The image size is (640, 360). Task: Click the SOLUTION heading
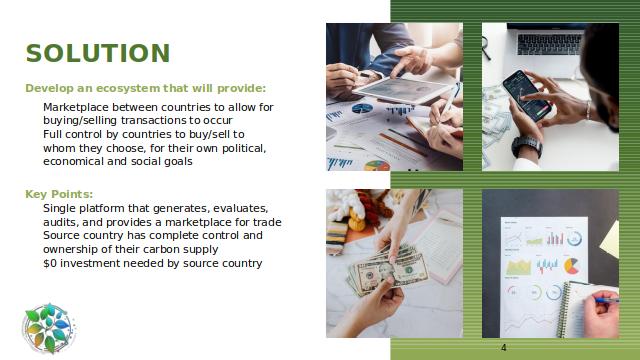(98, 53)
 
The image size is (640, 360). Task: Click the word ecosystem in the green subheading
(128, 88)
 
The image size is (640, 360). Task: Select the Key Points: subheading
(59, 194)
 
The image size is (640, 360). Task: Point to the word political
(244, 148)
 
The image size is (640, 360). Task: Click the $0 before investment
(50, 263)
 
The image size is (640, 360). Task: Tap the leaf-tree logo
(49, 328)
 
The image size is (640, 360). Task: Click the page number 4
(504, 348)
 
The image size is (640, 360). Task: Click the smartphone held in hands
(527, 96)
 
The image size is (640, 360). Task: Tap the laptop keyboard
(549, 44)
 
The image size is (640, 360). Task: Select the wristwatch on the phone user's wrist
(527, 146)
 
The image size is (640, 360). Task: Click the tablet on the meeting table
(403, 90)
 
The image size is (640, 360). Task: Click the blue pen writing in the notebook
(607, 300)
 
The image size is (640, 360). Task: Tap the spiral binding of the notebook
(564, 310)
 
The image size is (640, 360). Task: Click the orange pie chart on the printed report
(572, 266)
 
